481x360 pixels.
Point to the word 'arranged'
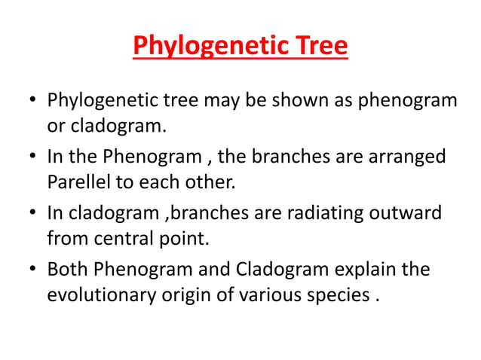coord(412,157)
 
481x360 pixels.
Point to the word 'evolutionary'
coord(103,295)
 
